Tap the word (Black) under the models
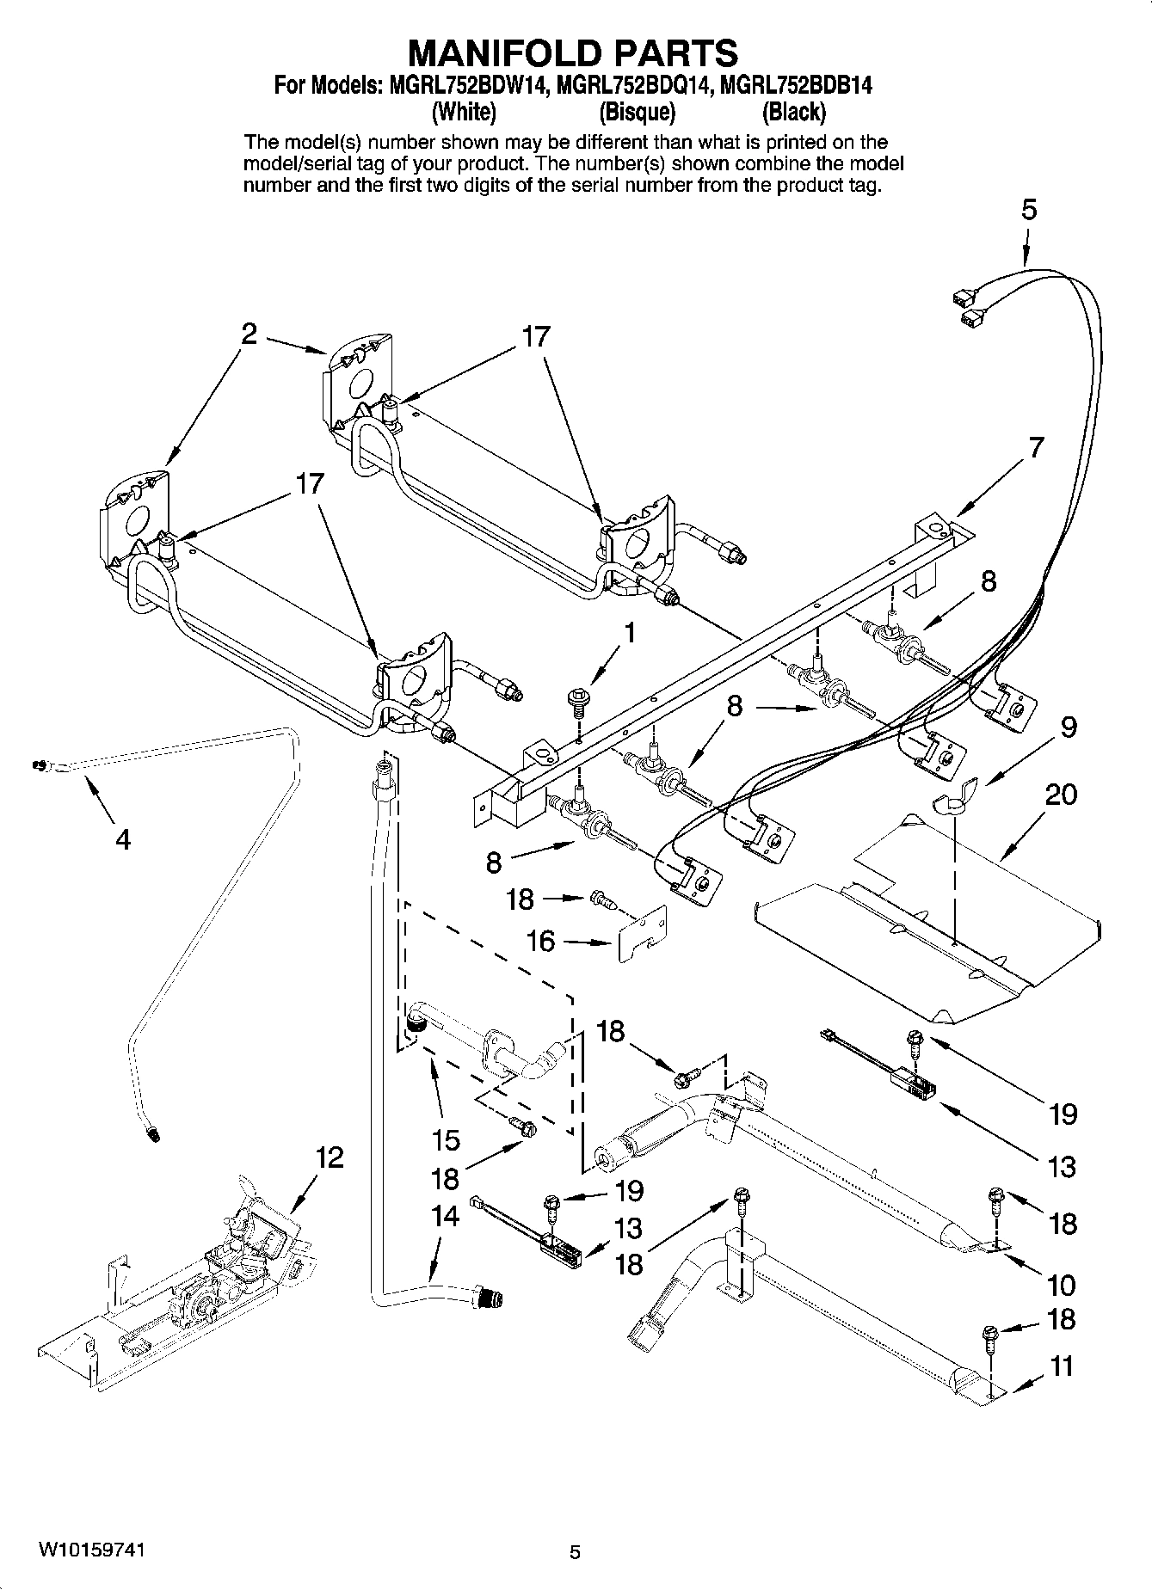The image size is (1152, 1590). tap(794, 111)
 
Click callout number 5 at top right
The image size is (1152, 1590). tap(1029, 211)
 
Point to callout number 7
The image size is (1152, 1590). tap(1036, 447)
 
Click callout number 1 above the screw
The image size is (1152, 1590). tap(631, 634)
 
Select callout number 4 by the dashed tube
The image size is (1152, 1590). tap(123, 838)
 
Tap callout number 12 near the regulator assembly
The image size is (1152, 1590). tap(329, 1157)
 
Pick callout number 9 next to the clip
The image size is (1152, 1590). tap(1068, 727)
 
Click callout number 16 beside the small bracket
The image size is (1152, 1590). tap(540, 941)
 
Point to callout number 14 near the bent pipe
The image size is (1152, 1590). tap(445, 1216)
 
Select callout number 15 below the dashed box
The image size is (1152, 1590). tap(446, 1140)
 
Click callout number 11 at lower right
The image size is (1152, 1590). tap(1062, 1366)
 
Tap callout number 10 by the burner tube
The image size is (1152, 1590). tap(1062, 1285)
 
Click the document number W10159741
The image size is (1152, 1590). tap(90, 1550)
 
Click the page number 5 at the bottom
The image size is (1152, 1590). tap(576, 1552)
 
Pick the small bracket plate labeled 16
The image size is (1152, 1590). tap(644, 936)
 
